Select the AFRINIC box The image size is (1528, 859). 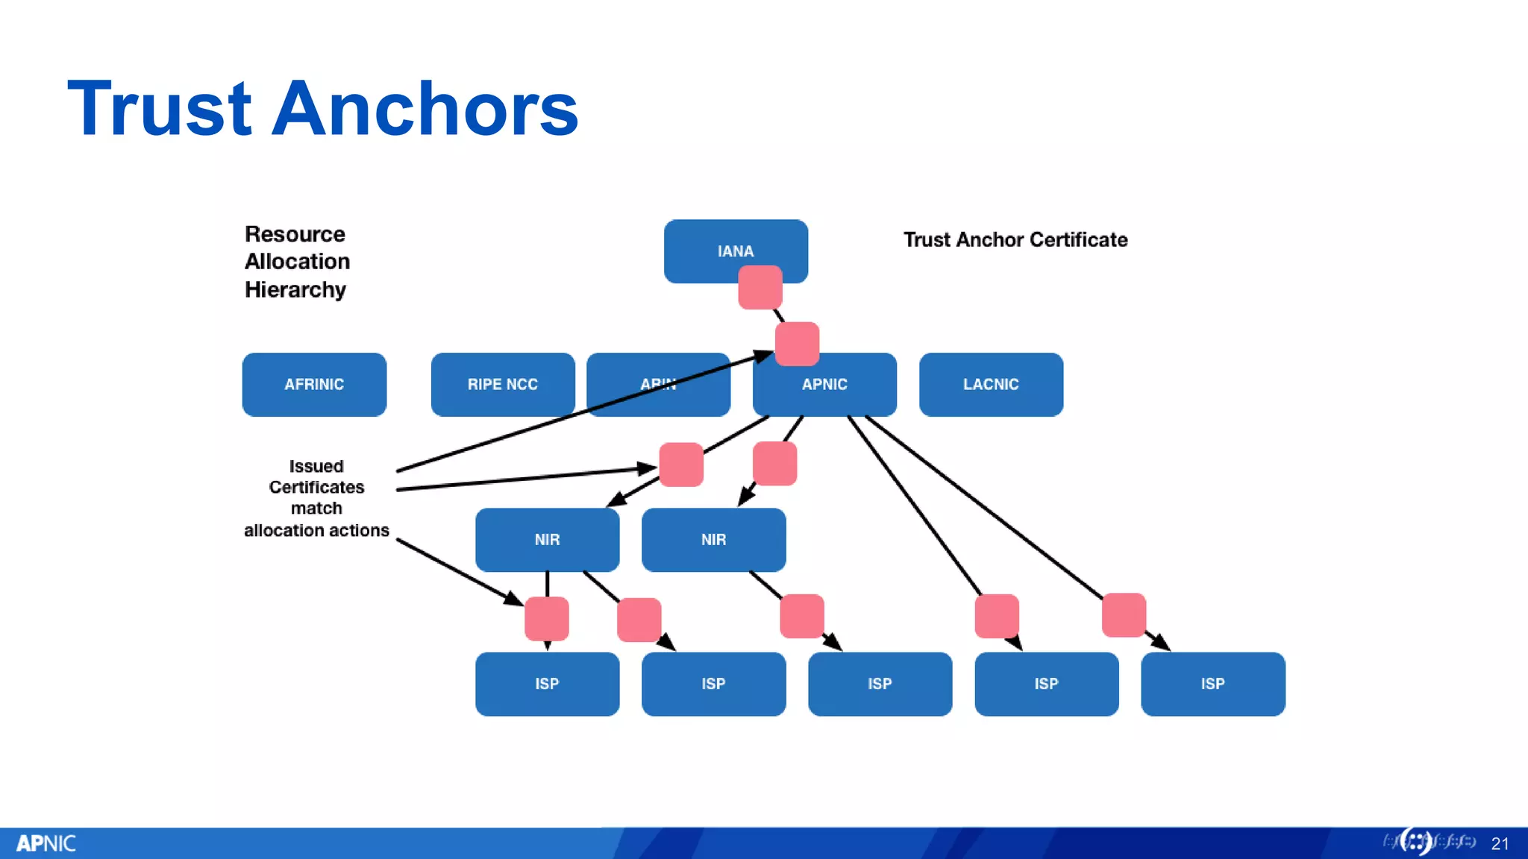click(x=314, y=385)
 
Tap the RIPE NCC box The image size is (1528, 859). click(x=502, y=385)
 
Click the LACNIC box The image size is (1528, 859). click(x=991, y=385)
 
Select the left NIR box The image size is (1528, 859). click(x=547, y=540)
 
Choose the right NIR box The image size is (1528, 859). click(x=713, y=540)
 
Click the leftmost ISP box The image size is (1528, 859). click(x=547, y=685)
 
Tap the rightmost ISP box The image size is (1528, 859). click(x=1212, y=685)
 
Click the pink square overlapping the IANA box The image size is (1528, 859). click(x=760, y=288)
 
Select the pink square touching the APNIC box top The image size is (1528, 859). click(x=797, y=344)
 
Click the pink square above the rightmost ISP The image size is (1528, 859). click(x=1124, y=615)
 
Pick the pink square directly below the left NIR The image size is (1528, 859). click(x=546, y=619)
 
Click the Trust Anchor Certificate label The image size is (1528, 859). click(x=1015, y=240)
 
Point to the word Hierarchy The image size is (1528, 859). click(x=295, y=290)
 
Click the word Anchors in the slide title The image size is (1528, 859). click(x=425, y=109)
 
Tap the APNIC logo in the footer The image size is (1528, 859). click(x=46, y=843)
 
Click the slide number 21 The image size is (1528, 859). click(x=1500, y=844)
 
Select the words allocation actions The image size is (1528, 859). click(x=316, y=531)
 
